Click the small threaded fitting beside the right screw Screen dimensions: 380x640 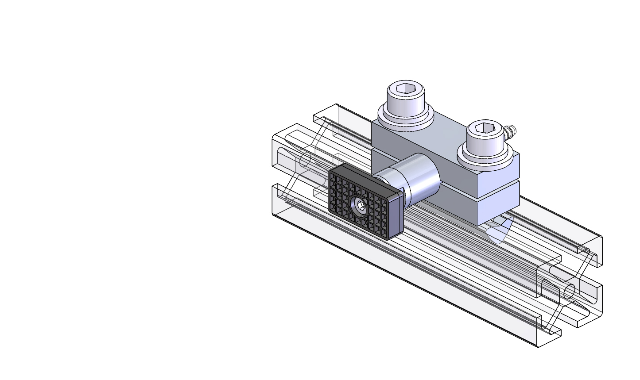(512, 131)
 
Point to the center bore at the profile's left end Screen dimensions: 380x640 (305, 160)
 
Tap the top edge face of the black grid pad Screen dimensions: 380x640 (368, 173)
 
